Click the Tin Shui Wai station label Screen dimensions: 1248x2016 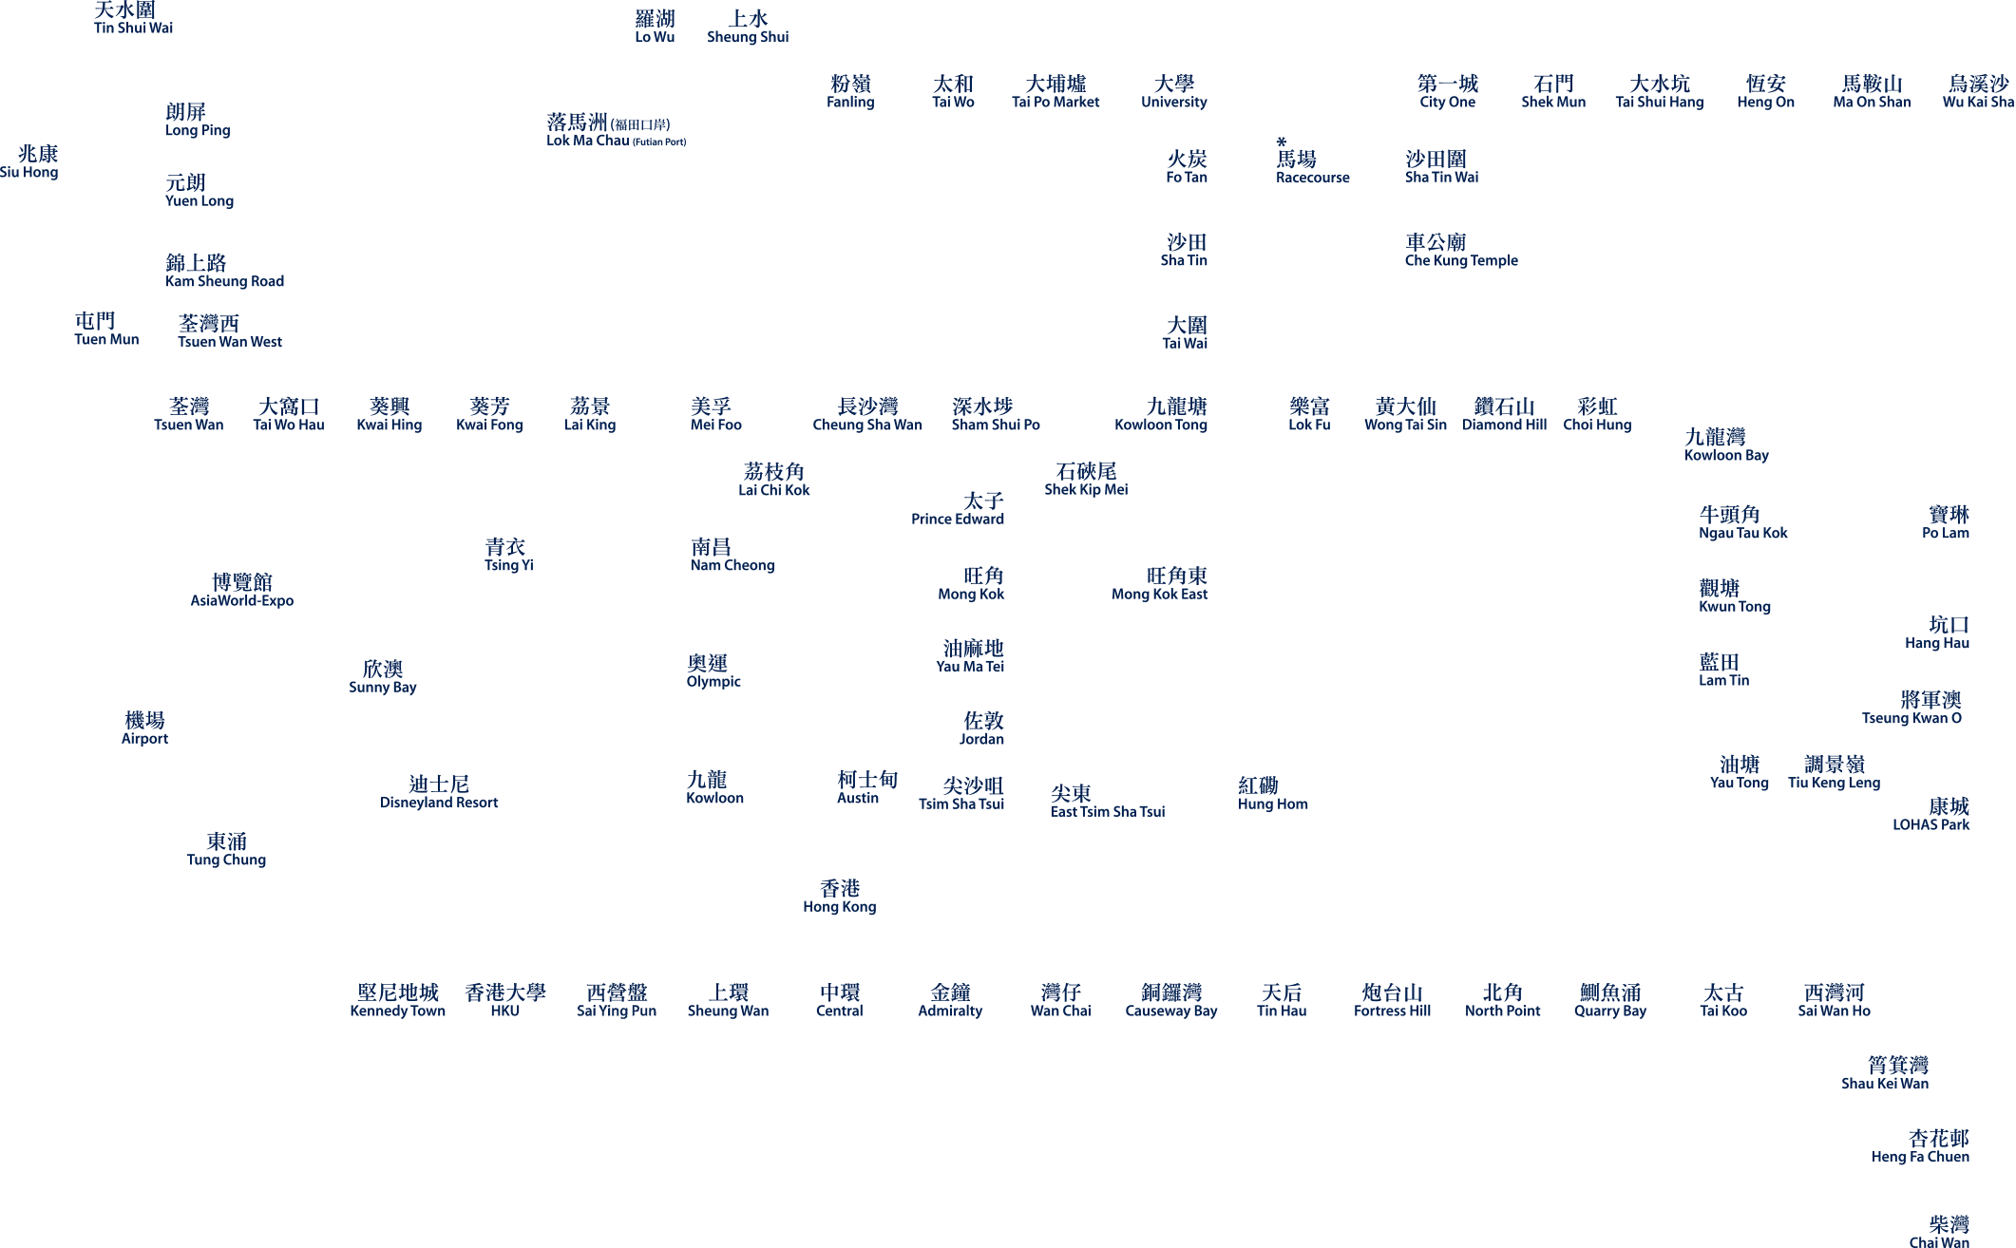133,19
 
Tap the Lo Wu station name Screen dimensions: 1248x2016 655,28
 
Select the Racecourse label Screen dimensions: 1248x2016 1312,168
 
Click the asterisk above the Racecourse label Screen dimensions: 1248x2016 1282,142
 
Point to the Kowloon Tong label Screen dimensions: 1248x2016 1161,415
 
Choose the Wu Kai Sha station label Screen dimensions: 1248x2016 1978,92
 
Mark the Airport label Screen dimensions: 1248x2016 144,728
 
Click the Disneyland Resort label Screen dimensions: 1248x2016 439,793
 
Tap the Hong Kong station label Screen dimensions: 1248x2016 840,897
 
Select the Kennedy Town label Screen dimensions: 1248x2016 397,1001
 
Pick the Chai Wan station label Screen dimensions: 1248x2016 1939,1233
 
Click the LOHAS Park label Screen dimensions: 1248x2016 1930,815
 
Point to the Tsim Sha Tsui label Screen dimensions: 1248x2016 961,794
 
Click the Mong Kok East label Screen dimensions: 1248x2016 1159,584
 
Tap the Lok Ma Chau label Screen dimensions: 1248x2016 588,131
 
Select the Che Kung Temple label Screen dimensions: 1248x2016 1461,251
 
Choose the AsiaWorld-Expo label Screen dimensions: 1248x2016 242,591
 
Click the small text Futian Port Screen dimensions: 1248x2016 659,142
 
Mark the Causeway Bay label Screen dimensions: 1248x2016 1171,1001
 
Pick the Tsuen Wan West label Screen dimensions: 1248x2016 230,331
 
